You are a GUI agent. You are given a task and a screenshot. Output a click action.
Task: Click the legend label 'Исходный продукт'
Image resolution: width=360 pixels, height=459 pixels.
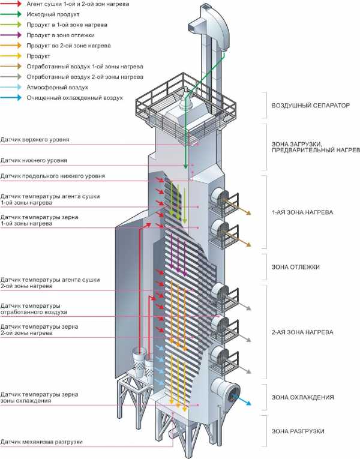pyautogui.click(x=53, y=14)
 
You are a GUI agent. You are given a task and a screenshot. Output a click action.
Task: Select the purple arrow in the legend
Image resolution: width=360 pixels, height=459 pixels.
pyautogui.click(x=11, y=35)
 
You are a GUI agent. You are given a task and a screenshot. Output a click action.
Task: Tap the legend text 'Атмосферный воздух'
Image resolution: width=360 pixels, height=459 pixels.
pyautogui.click(x=58, y=87)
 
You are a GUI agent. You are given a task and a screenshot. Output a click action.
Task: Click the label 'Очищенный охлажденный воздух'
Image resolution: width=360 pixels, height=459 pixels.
pyautogui.click(x=74, y=98)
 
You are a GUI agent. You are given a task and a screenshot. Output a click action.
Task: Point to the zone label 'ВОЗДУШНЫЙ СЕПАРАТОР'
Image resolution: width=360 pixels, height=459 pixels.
pyautogui.click(x=311, y=106)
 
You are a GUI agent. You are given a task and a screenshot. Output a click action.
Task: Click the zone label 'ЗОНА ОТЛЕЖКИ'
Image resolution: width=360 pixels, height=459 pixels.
pyautogui.click(x=296, y=267)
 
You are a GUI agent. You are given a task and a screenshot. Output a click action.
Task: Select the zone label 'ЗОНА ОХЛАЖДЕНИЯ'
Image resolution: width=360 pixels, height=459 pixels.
pyautogui.click(x=302, y=397)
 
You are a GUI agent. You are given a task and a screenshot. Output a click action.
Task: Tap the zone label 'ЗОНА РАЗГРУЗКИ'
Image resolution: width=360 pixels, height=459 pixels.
pyautogui.click(x=298, y=431)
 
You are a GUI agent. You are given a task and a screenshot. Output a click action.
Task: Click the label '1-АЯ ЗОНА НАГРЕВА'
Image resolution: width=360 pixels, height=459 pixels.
pyautogui.click(x=302, y=212)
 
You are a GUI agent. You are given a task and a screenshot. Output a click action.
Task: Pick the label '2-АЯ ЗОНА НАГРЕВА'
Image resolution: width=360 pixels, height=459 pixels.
pyautogui.click(x=302, y=332)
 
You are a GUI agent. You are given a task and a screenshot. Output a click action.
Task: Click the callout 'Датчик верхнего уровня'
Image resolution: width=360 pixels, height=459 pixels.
pyautogui.click(x=35, y=140)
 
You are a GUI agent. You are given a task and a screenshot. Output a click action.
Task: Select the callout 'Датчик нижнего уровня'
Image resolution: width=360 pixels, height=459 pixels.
pyautogui.click(x=34, y=160)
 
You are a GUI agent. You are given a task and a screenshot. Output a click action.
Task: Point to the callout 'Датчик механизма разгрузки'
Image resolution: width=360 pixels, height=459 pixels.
pyautogui.click(x=41, y=442)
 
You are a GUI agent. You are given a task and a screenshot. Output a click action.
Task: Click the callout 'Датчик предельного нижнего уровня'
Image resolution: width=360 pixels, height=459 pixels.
pyautogui.click(x=53, y=176)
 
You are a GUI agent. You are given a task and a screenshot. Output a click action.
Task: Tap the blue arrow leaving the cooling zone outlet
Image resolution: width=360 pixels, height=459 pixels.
pyautogui.click(x=241, y=400)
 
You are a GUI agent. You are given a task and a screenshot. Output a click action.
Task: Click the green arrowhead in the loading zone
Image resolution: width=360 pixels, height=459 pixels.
pyautogui.click(x=185, y=166)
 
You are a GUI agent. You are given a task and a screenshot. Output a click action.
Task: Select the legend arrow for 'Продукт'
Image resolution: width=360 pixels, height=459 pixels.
pyautogui.click(x=11, y=56)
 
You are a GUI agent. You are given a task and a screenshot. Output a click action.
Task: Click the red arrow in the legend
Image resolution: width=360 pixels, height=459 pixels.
pyautogui.click(x=11, y=4)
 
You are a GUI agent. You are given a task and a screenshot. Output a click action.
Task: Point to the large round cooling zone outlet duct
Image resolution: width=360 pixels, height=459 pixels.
pyautogui.click(x=226, y=392)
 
